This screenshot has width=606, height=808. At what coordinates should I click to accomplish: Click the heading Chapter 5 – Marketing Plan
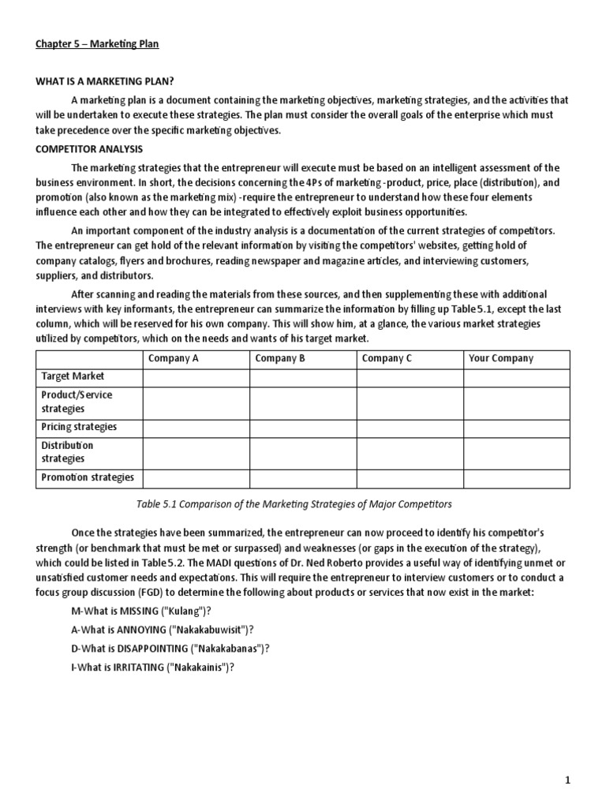tap(97, 44)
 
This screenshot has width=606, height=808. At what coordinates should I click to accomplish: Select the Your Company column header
tap(501, 358)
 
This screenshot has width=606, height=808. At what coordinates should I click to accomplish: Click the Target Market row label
tap(73, 376)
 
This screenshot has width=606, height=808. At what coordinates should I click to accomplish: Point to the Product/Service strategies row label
tap(77, 402)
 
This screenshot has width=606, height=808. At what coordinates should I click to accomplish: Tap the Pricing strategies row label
tap(79, 427)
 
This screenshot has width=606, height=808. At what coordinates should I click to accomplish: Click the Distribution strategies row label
tap(67, 452)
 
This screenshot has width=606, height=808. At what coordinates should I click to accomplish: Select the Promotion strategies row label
tap(88, 477)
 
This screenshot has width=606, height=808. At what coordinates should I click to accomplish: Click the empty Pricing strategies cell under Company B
tap(303, 427)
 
